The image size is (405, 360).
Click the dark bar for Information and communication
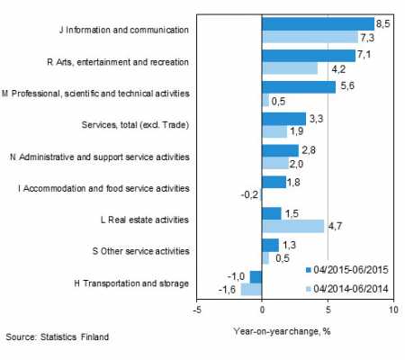[x=318, y=24]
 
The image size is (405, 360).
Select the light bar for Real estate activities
[x=292, y=226]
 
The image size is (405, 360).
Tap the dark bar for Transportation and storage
[x=256, y=277]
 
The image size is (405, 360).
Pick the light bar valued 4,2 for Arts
[x=290, y=68]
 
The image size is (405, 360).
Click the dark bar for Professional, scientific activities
[x=299, y=87]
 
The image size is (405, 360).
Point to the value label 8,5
[x=383, y=23]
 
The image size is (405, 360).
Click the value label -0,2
[x=249, y=195]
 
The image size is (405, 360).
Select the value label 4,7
[x=335, y=226]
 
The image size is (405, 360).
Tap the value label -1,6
[x=227, y=290]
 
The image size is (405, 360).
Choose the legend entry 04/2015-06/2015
[x=346, y=270]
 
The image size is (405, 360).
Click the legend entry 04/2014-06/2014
[x=346, y=289]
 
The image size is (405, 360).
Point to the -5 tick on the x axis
[x=197, y=310]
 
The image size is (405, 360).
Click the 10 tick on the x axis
[x=393, y=310]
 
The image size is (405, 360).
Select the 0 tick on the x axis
[x=262, y=310]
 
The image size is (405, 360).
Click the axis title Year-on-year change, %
[x=282, y=331]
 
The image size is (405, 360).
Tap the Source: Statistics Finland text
[x=57, y=337]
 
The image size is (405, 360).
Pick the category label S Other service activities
[x=140, y=251]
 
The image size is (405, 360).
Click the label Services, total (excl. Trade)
[x=135, y=124]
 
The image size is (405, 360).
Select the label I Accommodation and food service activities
[x=103, y=188]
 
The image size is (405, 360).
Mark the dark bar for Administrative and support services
[x=280, y=150]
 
